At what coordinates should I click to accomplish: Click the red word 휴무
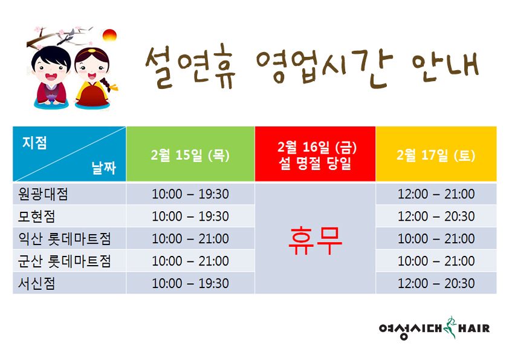pyautogui.click(x=315, y=241)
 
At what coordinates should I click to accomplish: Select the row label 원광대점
pyautogui.click(x=43, y=194)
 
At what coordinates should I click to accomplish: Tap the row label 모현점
pyautogui.click(x=36, y=217)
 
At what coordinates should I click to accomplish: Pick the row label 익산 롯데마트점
pyautogui.click(x=64, y=239)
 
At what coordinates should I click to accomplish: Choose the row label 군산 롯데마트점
pyautogui.click(x=64, y=261)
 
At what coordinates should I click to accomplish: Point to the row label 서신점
pyautogui.click(x=36, y=284)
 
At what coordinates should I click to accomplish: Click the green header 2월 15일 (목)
pyautogui.click(x=190, y=155)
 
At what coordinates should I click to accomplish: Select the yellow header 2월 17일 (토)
pyautogui.click(x=436, y=155)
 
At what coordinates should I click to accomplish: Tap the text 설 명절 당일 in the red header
pyautogui.click(x=315, y=163)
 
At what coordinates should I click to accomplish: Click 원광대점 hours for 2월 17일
pyautogui.click(x=436, y=194)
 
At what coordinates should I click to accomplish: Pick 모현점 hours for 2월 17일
pyautogui.click(x=436, y=217)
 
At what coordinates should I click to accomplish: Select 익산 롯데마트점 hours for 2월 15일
pyautogui.click(x=190, y=239)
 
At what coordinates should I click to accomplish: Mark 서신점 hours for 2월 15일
pyautogui.click(x=190, y=284)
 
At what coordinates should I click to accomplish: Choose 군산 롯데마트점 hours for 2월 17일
pyautogui.click(x=436, y=261)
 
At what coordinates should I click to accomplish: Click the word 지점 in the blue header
pyautogui.click(x=34, y=143)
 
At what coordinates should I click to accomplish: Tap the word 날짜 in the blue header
pyautogui.click(x=104, y=168)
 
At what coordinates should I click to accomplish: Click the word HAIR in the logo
pyautogui.click(x=473, y=329)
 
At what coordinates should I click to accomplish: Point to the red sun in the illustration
pyautogui.click(x=109, y=36)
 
